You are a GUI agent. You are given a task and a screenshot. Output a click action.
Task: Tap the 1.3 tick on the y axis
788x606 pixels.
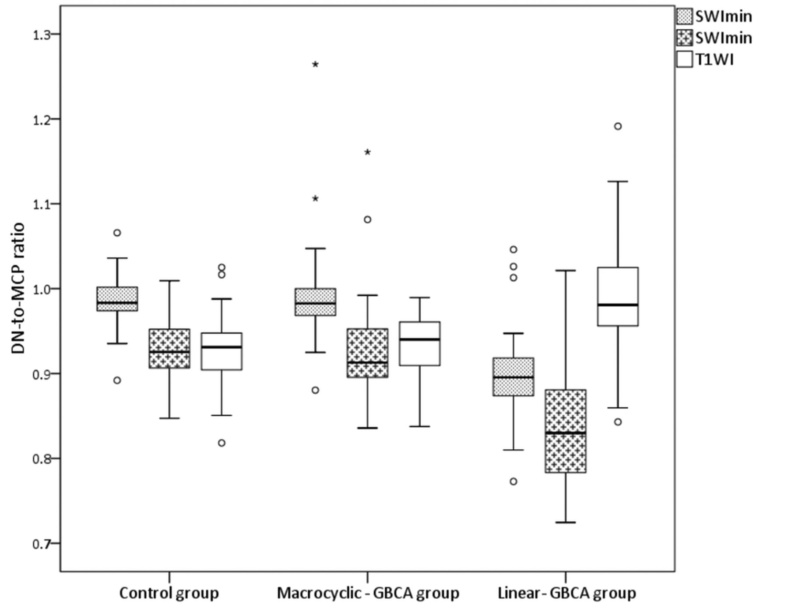[42, 35]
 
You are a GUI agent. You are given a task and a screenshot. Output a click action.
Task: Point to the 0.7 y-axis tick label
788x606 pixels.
[42, 544]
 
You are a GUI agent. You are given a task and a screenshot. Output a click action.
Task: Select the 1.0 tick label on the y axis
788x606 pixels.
[42, 289]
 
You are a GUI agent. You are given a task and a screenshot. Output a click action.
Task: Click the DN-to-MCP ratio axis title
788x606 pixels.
[18, 289]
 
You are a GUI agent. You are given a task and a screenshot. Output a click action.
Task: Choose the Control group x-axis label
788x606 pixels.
[169, 593]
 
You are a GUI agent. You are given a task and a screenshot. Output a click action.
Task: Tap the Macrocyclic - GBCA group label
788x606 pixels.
[368, 593]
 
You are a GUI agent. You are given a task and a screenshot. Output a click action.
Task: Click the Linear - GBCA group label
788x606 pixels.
[566, 593]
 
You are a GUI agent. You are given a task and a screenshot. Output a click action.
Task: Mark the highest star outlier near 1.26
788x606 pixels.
[315, 65]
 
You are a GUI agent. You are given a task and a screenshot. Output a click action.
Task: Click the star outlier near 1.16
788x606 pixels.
[368, 152]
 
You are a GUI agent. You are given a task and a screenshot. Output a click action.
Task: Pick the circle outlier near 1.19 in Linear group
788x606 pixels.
[618, 126]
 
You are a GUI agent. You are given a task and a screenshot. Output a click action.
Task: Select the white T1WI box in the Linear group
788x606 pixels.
[618, 296]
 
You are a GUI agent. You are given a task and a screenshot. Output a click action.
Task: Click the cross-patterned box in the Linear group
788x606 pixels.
[566, 431]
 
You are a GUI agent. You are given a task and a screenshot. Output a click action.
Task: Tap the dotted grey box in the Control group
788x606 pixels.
[117, 299]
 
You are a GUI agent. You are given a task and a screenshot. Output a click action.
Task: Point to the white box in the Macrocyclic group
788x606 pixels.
[420, 343]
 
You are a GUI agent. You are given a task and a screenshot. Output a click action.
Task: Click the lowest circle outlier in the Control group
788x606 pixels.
[222, 443]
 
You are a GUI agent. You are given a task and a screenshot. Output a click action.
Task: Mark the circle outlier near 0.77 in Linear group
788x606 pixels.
[514, 482]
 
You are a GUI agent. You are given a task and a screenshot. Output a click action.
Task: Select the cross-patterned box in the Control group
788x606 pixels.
[169, 349]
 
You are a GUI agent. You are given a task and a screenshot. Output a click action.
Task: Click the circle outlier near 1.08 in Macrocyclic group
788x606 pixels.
[368, 220]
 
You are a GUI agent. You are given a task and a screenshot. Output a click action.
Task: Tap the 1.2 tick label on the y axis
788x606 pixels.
[42, 119]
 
